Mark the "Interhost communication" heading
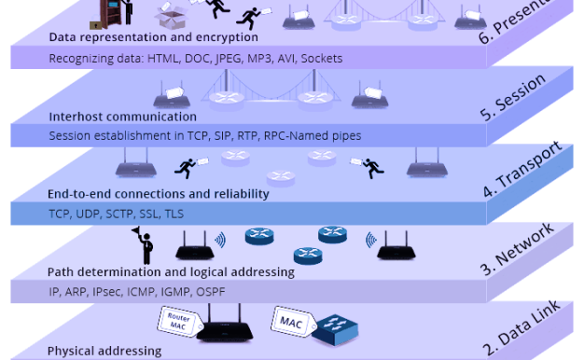coord(122,118)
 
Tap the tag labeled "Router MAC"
coord(178,320)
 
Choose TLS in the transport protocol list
coord(174,214)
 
